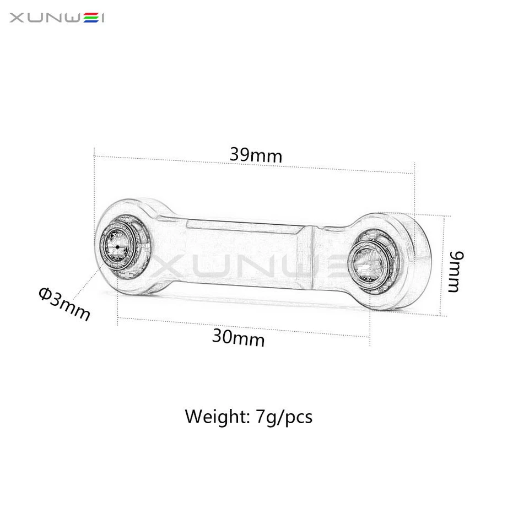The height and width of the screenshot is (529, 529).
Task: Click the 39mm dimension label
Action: (x=256, y=155)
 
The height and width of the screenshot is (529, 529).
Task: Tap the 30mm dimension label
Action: (x=238, y=337)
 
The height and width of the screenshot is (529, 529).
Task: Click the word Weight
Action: (x=217, y=416)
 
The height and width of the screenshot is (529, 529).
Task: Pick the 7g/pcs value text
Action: (x=284, y=417)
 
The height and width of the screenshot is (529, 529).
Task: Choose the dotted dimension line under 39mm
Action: (x=253, y=165)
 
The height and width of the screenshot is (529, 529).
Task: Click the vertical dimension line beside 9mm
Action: (x=442, y=264)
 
